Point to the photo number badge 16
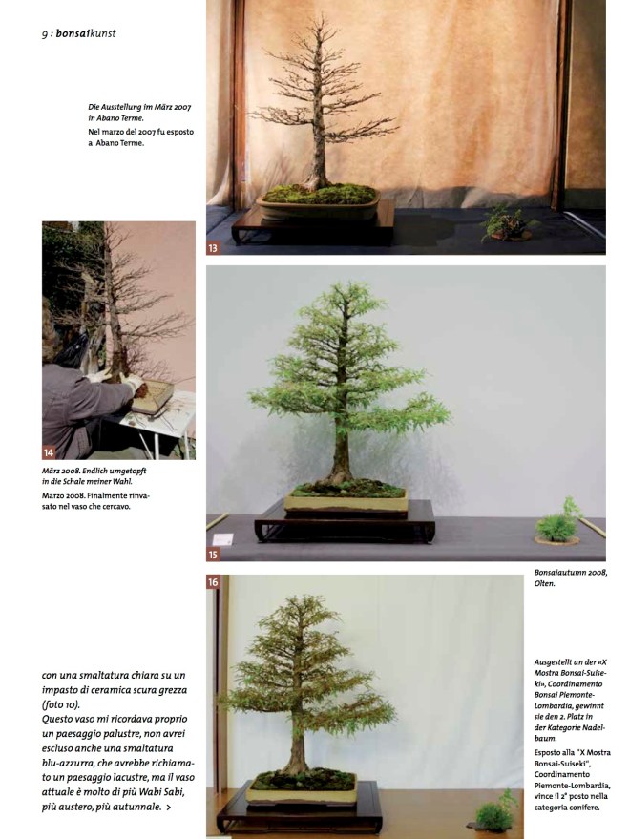(x=214, y=581)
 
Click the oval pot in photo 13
(x=318, y=208)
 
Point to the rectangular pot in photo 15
(x=345, y=503)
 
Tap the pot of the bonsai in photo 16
(x=301, y=791)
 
